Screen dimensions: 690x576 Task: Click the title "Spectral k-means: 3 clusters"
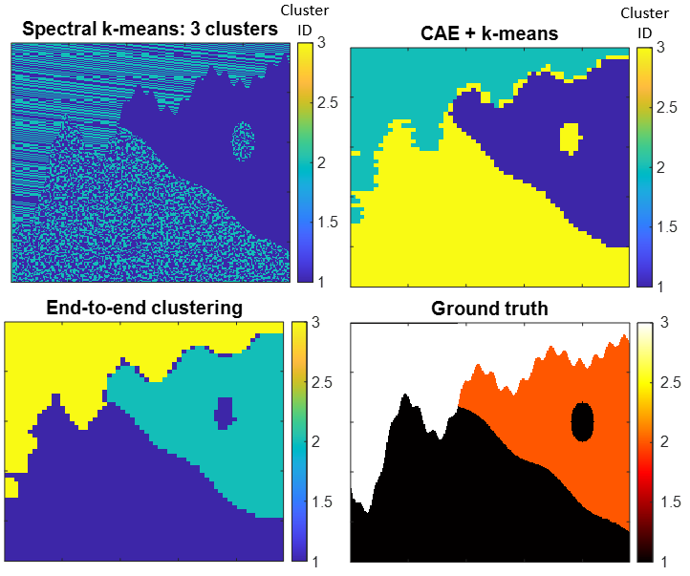tap(150, 29)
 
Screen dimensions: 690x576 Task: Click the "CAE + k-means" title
tap(489, 33)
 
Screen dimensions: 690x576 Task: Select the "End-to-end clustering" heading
tap(144, 308)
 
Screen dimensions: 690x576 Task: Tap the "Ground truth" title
tap(489, 309)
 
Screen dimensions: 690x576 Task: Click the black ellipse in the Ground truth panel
tap(582, 421)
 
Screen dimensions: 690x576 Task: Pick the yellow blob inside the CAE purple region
tap(571, 139)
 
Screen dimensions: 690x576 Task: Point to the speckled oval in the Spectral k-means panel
tap(243, 141)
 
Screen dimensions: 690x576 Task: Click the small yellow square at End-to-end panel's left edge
tap(11, 487)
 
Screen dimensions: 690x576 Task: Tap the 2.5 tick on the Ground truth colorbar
tap(670, 382)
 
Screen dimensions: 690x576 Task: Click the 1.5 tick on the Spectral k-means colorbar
tap(328, 222)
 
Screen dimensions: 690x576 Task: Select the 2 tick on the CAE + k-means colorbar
tap(660, 167)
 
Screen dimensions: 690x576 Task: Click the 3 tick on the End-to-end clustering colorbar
tap(315, 322)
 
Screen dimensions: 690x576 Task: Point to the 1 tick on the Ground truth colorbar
tap(664, 562)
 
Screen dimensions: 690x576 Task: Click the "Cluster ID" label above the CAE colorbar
tap(645, 23)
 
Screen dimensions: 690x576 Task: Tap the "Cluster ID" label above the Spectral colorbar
tap(305, 20)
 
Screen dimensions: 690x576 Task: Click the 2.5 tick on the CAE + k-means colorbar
tap(666, 107)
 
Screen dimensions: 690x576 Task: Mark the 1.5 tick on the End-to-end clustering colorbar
tap(322, 501)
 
